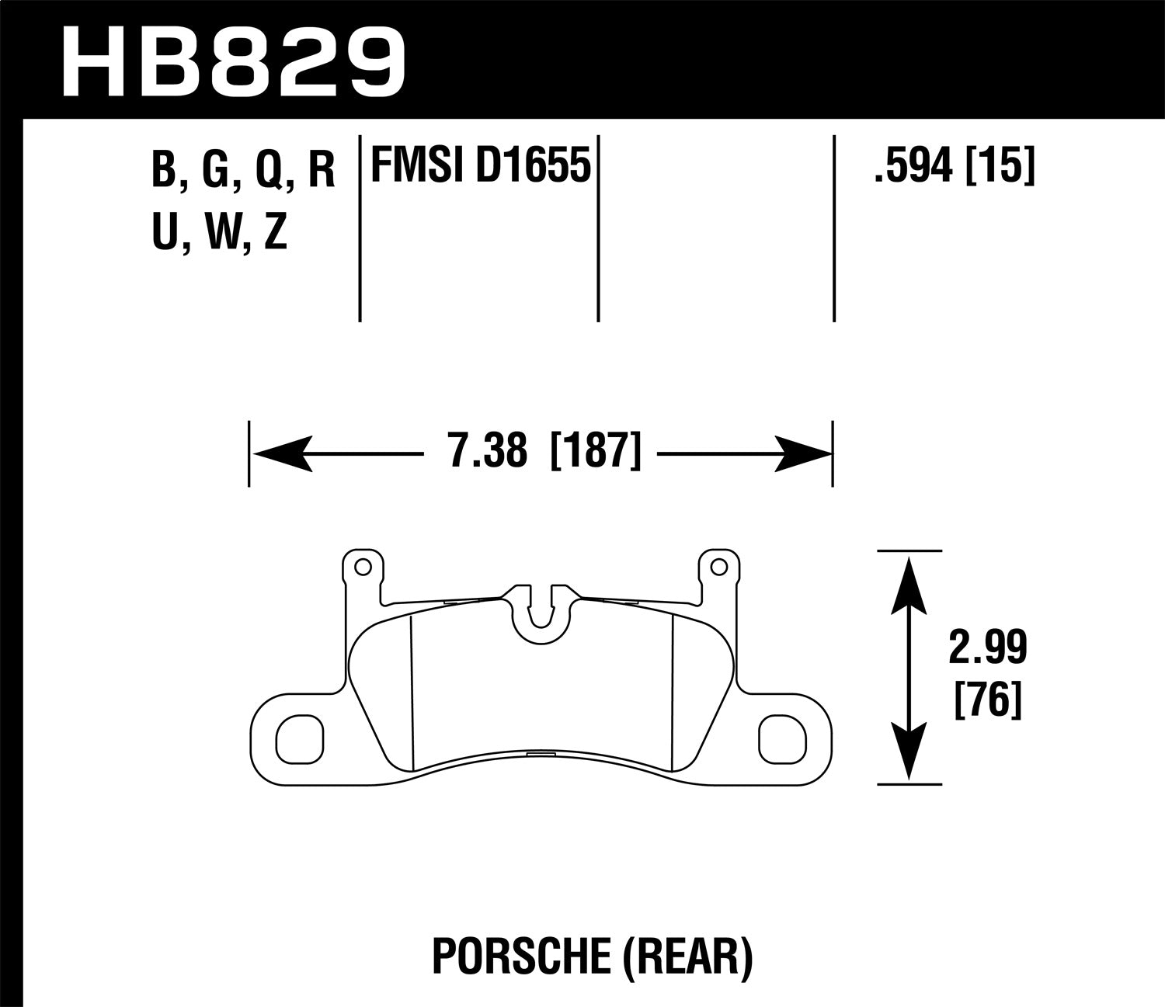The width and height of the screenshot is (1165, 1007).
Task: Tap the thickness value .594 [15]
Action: [x=954, y=166]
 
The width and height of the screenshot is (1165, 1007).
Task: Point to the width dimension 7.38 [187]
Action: [x=544, y=451]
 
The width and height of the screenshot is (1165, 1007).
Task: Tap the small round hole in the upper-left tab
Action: [x=360, y=568]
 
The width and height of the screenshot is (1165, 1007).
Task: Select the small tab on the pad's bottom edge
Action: [x=537, y=755]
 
